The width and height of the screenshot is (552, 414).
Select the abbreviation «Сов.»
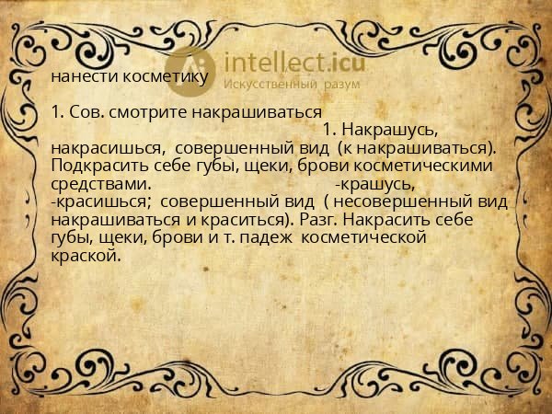click(x=86, y=114)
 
